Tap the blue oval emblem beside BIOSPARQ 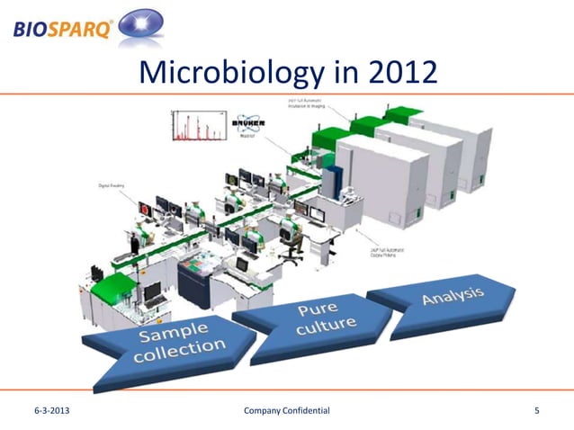(141, 25)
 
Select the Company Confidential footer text (287, 411)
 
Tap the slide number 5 (537, 411)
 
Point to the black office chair (291, 248)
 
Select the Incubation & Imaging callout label (305, 102)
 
